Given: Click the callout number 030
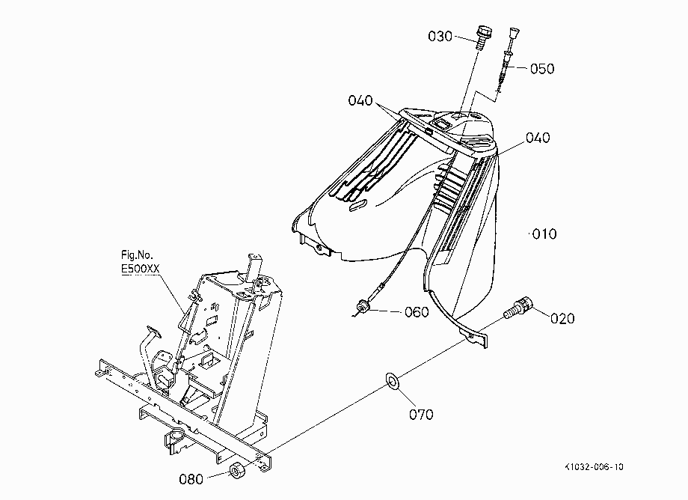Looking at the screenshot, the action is (440, 36).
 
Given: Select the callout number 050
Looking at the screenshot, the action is (542, 68).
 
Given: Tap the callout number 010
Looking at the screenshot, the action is (544, 234).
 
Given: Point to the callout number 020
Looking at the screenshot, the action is (562, 318).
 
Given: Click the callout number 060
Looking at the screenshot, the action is (417, 312).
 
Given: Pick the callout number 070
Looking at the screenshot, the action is (421, 415).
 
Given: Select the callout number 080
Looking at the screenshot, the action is (191, 479).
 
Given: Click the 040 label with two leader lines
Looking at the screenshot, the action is (360, 100).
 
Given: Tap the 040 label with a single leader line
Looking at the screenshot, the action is (538, 138).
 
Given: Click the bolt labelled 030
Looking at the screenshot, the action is (482, 37).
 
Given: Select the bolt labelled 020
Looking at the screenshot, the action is (518, 308).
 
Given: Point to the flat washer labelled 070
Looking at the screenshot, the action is (391, 380).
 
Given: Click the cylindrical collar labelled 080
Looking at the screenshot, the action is (237, 471).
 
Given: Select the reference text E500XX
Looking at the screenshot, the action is (141, 269).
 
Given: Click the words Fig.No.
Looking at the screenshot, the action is (137, 255).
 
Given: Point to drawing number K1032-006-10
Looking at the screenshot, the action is (594, 466).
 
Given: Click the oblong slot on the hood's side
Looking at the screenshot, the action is (358, 205).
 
